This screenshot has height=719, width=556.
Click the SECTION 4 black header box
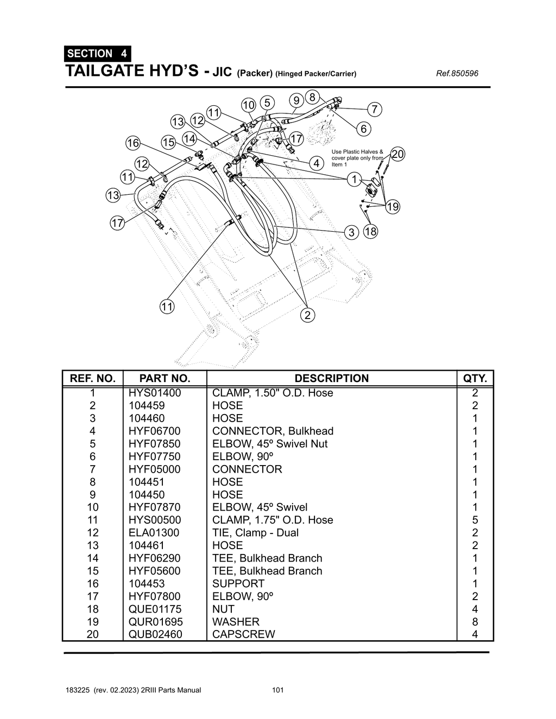(x=97, y=53)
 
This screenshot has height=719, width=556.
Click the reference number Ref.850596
(x=457, y=73)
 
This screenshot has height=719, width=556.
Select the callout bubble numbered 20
(x=398, y=154)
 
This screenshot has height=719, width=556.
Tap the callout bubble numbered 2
(x=307, y=315)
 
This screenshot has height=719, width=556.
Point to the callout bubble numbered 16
(x=133, y=143)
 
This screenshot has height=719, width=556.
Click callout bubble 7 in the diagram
(x=374, y=109)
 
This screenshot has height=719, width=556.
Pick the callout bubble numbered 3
(x=352, y=232)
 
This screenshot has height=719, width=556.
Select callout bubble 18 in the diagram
(x=371, y=232)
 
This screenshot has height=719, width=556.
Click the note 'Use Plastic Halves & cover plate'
(x=357, y=158)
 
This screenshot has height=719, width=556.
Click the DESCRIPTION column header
(x=331, y=378)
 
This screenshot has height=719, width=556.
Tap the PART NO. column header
(x=165, y=378)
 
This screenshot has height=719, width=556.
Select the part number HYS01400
(x=155, y=393)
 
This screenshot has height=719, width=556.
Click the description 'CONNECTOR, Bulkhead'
(x=273, y=431)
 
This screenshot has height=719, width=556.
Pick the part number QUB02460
(x=155, y=634)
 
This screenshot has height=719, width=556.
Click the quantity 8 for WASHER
(x=475, y=622)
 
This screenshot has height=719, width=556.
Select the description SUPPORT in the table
(x=238, y=583)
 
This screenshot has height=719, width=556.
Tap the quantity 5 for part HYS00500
(x=475, y=520)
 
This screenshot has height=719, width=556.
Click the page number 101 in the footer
(x=277, y=690)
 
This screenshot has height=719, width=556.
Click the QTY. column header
(x=475, y=378)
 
